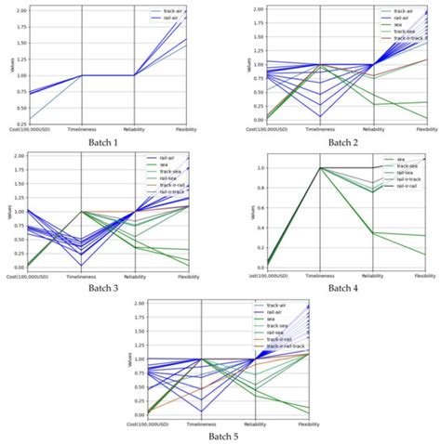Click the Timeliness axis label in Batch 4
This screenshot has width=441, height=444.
[x=319, y=276]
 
